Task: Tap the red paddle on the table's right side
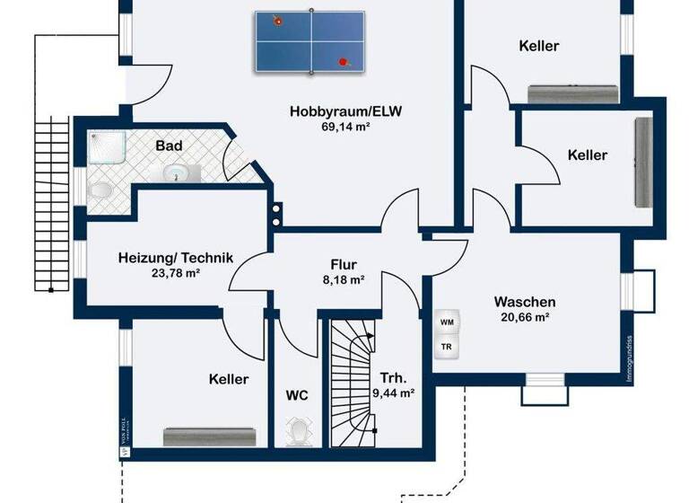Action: (342, 62)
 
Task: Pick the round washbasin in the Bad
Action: (175, 172)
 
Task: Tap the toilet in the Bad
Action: (100, 191)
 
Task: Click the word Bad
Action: (169, 146)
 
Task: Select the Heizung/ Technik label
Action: (176, 259)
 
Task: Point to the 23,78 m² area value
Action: (176, 274)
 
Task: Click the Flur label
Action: (344, 265)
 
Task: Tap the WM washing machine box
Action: (446, 322)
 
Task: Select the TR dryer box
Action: (446, 347)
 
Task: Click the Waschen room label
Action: (525, 302)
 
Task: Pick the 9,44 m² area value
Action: (393, 393)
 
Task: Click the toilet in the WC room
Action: (297, 432)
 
